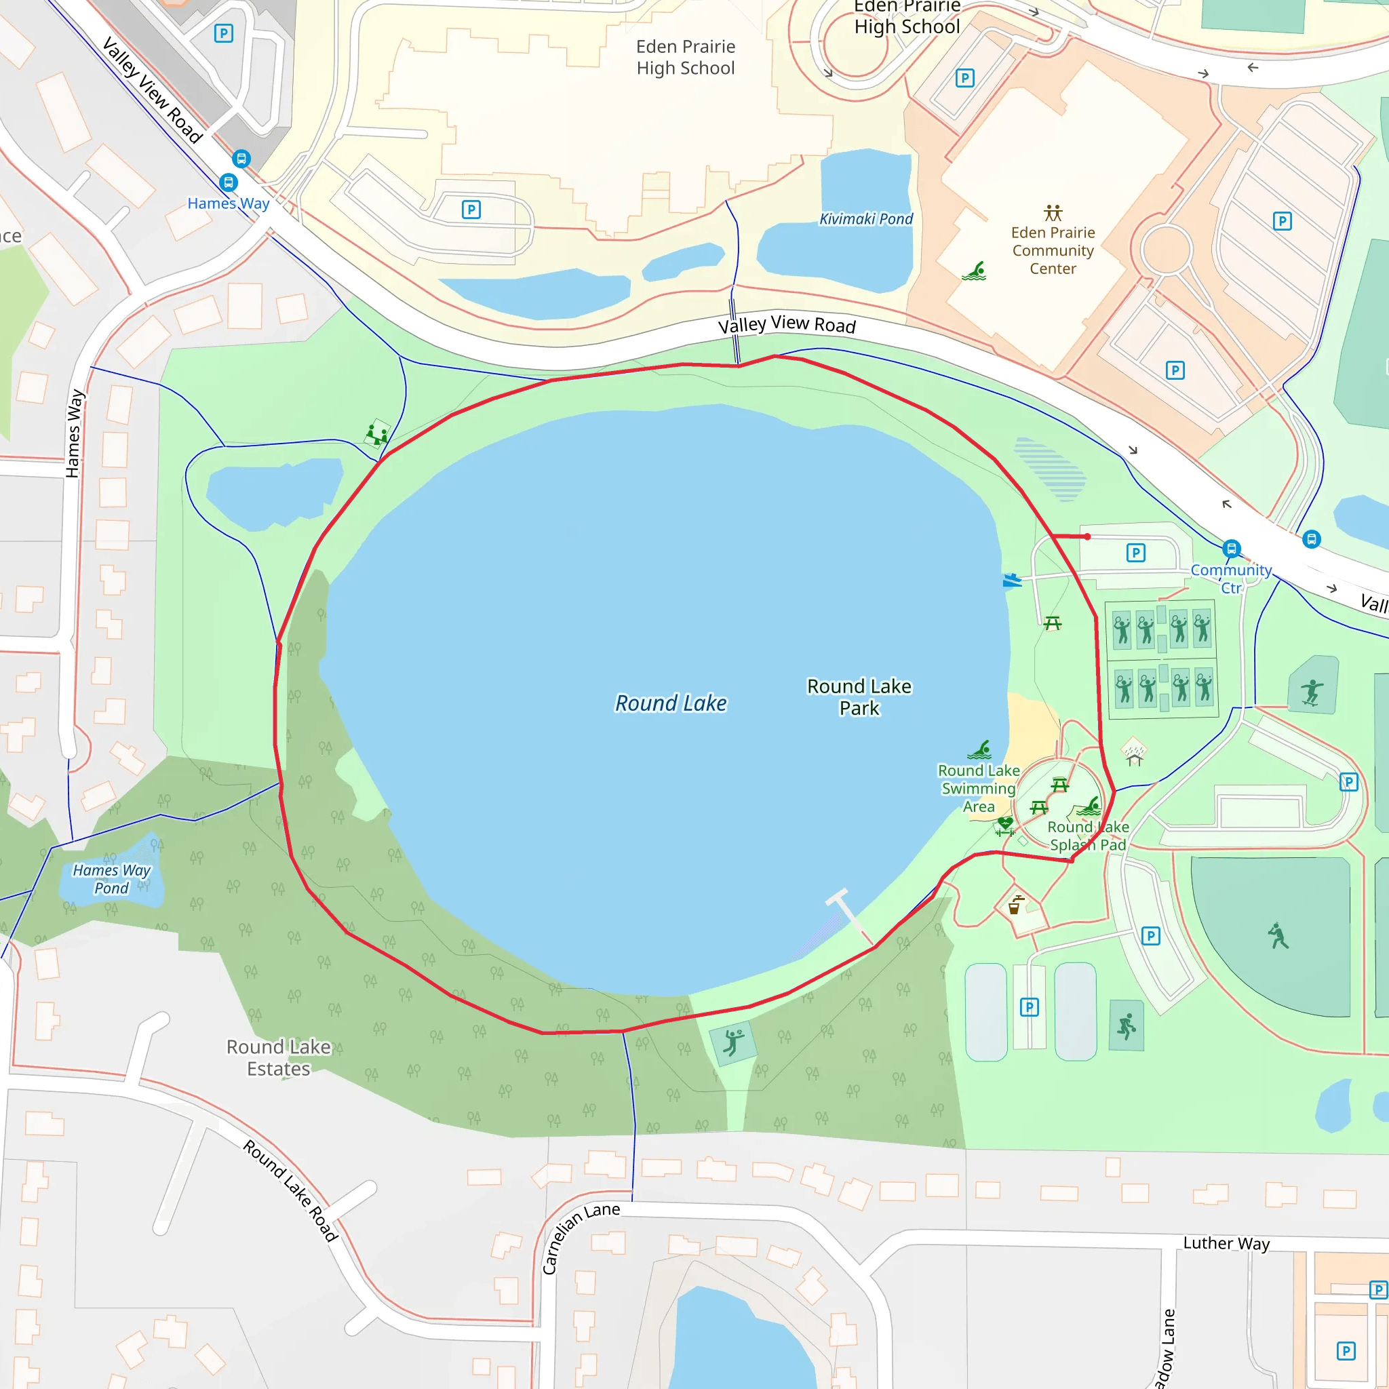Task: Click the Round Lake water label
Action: [x=670, y=703]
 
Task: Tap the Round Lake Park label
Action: [x=859, y=697]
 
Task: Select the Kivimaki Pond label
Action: [x=865, y=219]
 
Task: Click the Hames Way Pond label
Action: [x=111, y=878]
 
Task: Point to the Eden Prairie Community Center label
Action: [x=1053, y=250]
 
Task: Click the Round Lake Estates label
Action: [x=278, y=1057]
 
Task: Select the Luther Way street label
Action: [x=1226, y=1243]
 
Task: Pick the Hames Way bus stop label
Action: [x=228, y=203]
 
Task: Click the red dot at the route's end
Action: [x=1087, y=536]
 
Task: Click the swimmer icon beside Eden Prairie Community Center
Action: [x=974, y=271]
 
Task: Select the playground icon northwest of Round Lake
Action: [x=376, y=434]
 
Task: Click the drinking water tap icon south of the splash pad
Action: [x=1015, y=905]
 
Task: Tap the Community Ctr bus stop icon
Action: [x=1232, y=549]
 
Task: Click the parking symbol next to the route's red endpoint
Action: [x=1135, y=552]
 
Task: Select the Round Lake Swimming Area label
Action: [x=978, y=788]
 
